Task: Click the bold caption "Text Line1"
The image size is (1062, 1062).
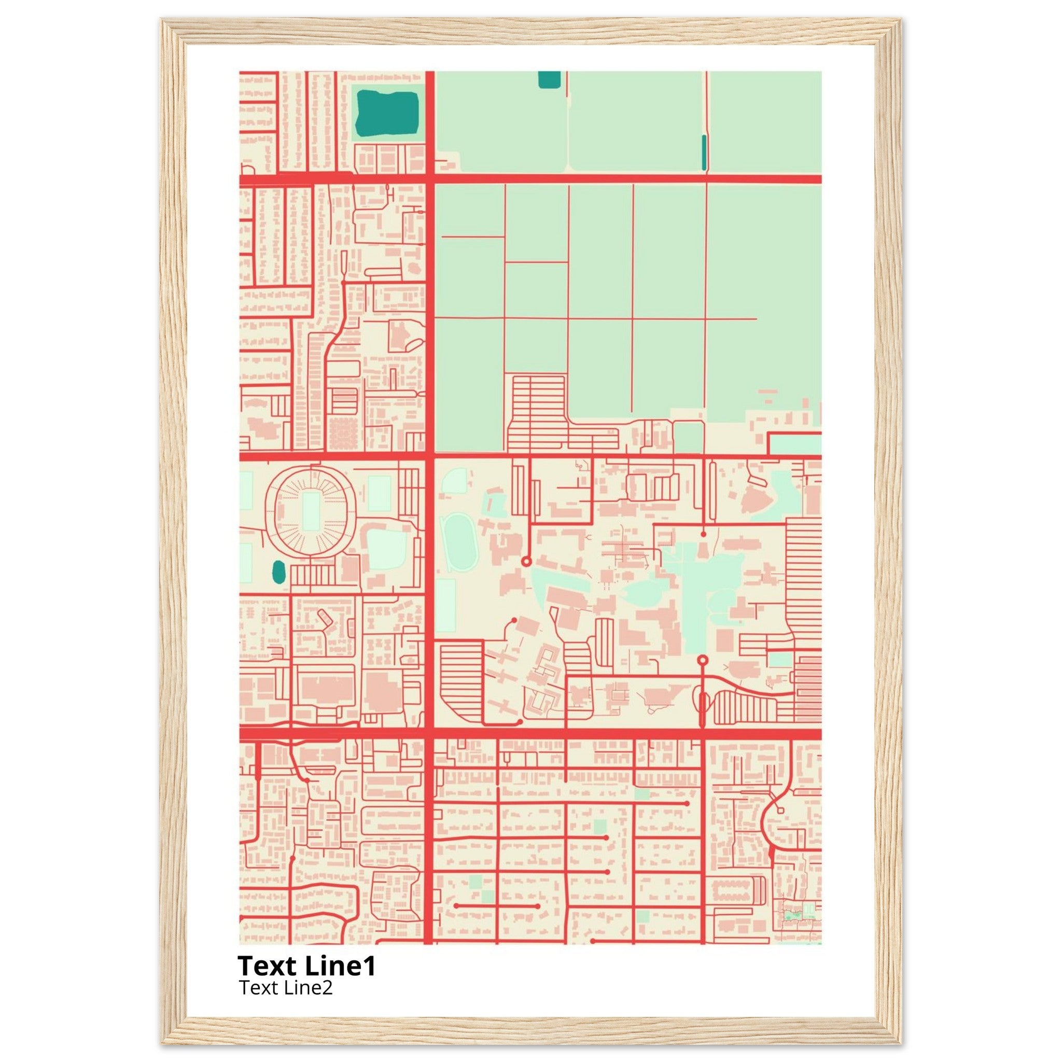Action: (307, 966)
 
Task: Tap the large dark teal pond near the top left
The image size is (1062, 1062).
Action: (387, 113)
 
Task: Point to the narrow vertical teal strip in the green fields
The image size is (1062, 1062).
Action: (704, 152)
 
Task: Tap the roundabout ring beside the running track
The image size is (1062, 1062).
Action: (525, 561)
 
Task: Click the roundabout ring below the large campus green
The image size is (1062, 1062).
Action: (702, 660)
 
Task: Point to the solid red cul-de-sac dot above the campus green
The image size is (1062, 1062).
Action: (704, 534)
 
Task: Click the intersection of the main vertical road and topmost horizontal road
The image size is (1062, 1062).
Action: (430, 179)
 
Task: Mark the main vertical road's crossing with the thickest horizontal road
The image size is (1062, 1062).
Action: (430, 734)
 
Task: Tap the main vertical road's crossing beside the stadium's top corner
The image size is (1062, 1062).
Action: (430, 456)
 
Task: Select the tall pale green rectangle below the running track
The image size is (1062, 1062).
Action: (445, 605)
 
